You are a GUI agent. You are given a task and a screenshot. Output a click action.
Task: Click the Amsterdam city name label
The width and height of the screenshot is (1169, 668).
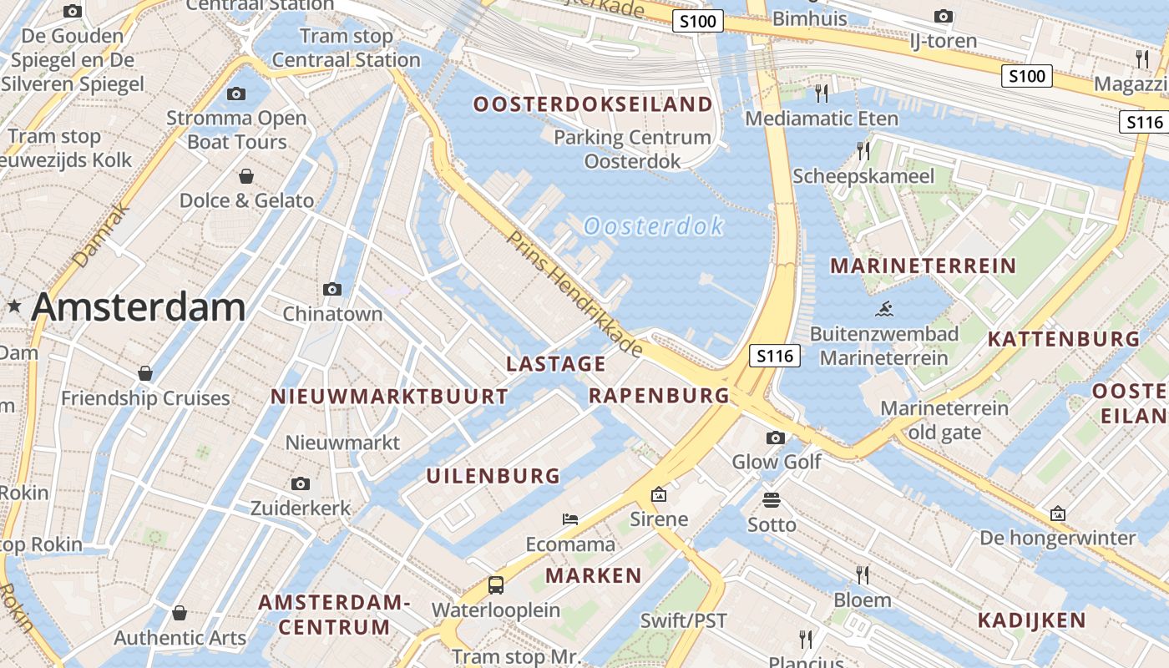pyautogui.click(x=139, y=307)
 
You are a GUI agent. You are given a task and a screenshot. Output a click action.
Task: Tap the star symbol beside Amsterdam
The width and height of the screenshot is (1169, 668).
pyautogui.click(x=14, y=306)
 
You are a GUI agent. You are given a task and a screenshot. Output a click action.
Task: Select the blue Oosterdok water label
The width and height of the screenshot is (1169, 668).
pyautogui.click(x=653, y=225)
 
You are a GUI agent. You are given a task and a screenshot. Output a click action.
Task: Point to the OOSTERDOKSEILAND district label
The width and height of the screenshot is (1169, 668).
pyautogui.click(x=593, y=104)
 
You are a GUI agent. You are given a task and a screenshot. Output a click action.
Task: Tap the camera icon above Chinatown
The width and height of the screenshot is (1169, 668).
pyautogui.click(x=332, y=290)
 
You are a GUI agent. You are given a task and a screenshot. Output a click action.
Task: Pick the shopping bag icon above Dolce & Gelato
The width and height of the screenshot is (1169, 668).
pyautogui.click(x=246, y=176)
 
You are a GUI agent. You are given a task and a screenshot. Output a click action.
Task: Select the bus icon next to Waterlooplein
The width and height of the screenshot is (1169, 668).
pyautogui.click(x=496, y=584)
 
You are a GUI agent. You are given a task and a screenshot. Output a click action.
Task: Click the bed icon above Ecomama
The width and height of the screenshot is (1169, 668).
pyautogui.click(x=570, y=519)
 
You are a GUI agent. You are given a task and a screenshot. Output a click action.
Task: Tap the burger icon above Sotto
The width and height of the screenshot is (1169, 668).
pyautogui.click(x=771, y=500)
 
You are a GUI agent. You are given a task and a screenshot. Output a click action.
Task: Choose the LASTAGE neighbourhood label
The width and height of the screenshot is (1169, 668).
pyautogui.click(x=556, y=363)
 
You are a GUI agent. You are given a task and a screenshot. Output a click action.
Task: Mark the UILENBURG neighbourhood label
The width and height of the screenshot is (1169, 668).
pyautogui.click(x=493, y=476)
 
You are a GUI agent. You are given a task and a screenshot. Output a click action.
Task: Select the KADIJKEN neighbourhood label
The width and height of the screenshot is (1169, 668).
pyautogui.click(x=1031, y=620)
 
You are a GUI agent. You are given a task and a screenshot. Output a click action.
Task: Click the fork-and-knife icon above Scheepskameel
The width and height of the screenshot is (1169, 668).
pyautogui.click(x=863, y=151)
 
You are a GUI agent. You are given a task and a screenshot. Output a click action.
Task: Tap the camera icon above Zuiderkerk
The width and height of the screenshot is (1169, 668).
pyautogui.click(x=301, y=483)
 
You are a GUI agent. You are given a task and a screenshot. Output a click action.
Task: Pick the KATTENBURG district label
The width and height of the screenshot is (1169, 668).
pyautogui.click(x=1063, y=339)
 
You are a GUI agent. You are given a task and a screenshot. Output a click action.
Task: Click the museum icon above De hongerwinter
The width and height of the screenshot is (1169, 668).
pyautogui.click(x=1058, y=514)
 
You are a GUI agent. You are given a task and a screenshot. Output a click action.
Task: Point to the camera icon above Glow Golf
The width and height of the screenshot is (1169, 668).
pyautogui.click(x=776, y=438)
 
